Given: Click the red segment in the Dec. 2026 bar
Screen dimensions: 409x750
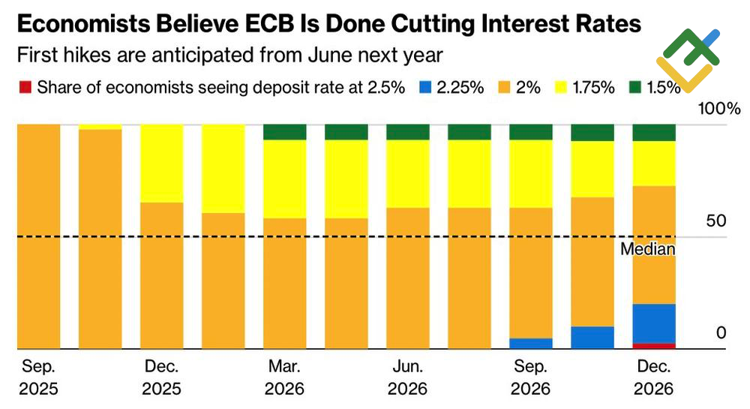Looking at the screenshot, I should pos(654,346).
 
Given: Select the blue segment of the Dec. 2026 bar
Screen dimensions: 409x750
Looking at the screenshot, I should pos(654,323).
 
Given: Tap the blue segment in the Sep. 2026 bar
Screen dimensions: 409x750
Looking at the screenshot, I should pos(531,344).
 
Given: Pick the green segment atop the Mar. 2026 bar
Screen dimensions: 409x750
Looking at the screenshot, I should pos(284,132).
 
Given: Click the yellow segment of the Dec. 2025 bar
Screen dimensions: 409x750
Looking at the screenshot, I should pos(162,164).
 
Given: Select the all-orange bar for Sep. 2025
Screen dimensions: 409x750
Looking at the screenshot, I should pos(38,236).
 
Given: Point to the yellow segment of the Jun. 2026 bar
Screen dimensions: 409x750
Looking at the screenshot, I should pos(408,174).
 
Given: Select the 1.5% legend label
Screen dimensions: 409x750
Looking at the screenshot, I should pos(663,87).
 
